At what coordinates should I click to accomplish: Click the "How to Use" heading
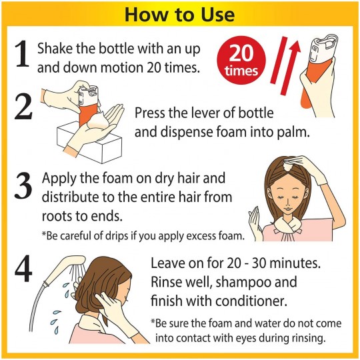click(x=180, y=14)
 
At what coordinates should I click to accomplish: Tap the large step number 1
click(x=22, y=55)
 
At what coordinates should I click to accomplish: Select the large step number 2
click(x=23, y=107)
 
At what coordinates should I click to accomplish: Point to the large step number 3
click(x=23, y=185)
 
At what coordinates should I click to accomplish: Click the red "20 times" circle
click(x=241, y=60)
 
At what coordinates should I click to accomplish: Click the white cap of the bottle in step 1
click(x=323, y=48)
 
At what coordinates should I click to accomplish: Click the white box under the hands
click(x=89, y=143)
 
